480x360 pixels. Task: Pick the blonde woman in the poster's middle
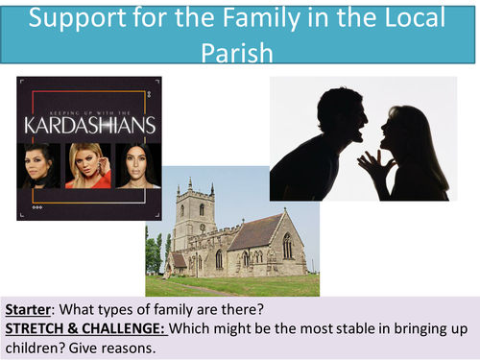[x=87, y=163]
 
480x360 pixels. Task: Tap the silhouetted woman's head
[x=408, y=130]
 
